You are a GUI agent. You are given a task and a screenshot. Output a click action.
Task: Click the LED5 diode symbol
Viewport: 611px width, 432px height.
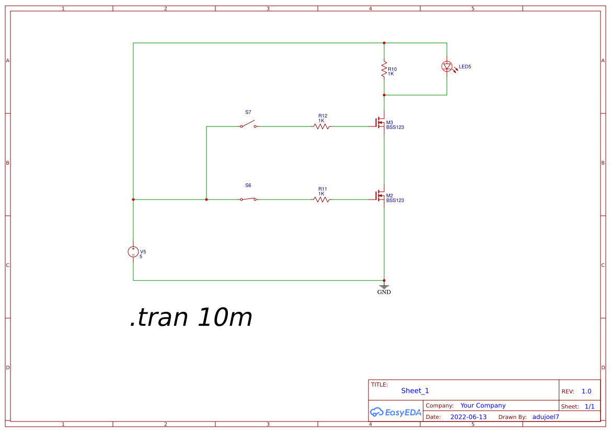(x=447, y=67)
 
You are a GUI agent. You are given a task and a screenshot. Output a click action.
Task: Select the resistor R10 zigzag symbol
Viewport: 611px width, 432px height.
(x=384, y=69)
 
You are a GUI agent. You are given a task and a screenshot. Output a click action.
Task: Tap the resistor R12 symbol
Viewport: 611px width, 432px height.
(x=321, y=126)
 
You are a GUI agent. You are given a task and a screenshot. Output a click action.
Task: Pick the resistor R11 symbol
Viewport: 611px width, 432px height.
(x=321, y=200)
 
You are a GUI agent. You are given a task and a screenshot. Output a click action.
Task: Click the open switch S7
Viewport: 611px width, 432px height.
(x=248, y=124)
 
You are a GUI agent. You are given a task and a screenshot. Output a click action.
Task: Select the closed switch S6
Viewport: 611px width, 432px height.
(x=248, y=199)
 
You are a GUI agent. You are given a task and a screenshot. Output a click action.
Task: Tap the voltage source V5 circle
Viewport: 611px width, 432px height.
(x=133, y=252)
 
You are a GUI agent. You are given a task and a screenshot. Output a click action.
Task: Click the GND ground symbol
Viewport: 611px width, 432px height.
(x=384, y=289)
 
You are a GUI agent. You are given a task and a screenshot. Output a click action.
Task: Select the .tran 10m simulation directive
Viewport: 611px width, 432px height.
(x=191, y=317)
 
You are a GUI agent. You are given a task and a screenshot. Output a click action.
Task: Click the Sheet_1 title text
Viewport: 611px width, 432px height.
(x=415, y=391)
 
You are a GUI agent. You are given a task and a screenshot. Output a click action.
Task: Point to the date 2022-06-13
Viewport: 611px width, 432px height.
(x=468, y=417)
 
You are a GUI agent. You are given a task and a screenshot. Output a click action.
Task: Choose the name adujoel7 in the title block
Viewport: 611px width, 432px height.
(x=546, y=417)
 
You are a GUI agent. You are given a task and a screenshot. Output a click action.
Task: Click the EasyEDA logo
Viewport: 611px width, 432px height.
(x=396, y=412)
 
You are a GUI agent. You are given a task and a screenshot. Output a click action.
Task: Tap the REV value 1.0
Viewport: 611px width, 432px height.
(x=586, y=391)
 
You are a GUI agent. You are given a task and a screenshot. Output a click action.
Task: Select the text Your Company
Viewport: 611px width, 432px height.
(x=483, y=405)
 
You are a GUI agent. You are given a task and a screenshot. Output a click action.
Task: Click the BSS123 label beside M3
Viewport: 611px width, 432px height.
(x=395, y=127)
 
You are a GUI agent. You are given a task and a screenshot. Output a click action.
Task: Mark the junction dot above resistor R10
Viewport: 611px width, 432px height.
(x=384, y=43)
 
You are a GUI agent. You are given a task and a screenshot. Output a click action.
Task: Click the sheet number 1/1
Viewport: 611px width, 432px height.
(x=590, y=406)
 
